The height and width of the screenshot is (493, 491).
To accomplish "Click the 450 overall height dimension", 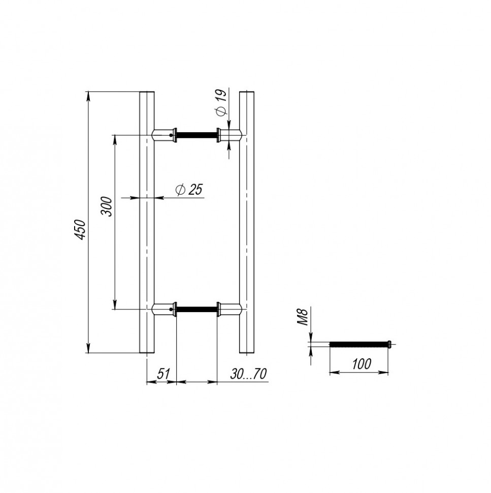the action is (x=80, y=230).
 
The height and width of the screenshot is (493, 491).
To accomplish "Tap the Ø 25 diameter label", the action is (x=189, y=190).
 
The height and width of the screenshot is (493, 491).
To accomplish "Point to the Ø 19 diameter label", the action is (x=221, y=103).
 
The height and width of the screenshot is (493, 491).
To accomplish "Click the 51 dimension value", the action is (x=163, y=374).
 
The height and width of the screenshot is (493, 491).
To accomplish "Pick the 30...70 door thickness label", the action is (x=248, y=374).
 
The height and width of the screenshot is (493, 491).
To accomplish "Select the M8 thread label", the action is (x=303, y=317).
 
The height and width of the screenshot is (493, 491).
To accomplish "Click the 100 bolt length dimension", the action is (x=361, y=364).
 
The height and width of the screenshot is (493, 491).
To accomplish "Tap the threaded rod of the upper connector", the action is (x=197, y=135).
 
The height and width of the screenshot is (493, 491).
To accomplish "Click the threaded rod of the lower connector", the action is (x=197, y=310).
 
